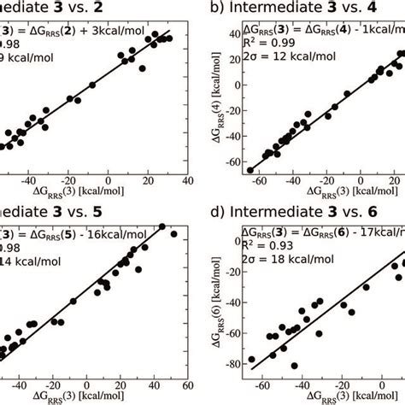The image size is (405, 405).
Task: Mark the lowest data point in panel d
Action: point(294,365)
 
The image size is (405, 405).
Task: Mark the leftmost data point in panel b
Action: point(250,169)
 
